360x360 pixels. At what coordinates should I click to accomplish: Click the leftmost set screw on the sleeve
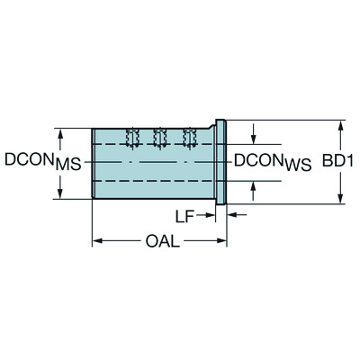point(133,138)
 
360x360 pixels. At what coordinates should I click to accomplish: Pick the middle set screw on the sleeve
point(161,138)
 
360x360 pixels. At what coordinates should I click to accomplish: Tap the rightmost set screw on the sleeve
point(189,138)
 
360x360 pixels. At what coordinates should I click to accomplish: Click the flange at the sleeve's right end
point(221,162)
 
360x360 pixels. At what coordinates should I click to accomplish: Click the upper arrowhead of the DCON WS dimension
point(255,140)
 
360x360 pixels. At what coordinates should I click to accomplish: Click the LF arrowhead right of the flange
point(232,215)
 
